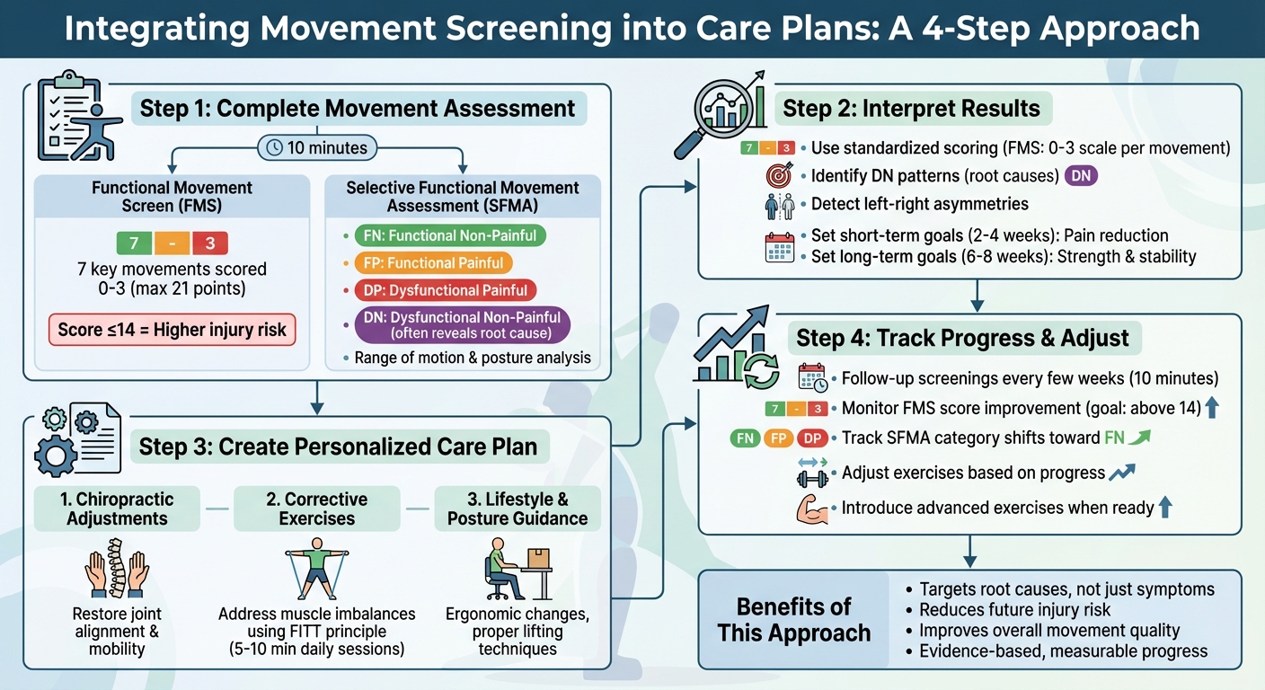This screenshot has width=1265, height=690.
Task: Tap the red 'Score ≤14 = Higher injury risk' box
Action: [172, 330]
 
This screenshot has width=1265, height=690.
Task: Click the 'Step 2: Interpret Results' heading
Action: [911, 110]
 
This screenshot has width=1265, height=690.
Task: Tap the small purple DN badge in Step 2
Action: [1081, 176]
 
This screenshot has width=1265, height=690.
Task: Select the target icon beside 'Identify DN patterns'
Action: [779, 175]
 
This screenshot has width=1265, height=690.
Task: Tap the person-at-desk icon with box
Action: [517, 571]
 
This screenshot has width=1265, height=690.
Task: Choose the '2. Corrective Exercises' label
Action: [316, 509]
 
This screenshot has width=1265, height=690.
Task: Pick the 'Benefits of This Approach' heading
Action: [793, 619]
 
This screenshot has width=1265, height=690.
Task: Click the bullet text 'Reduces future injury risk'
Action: [1014, 610]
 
